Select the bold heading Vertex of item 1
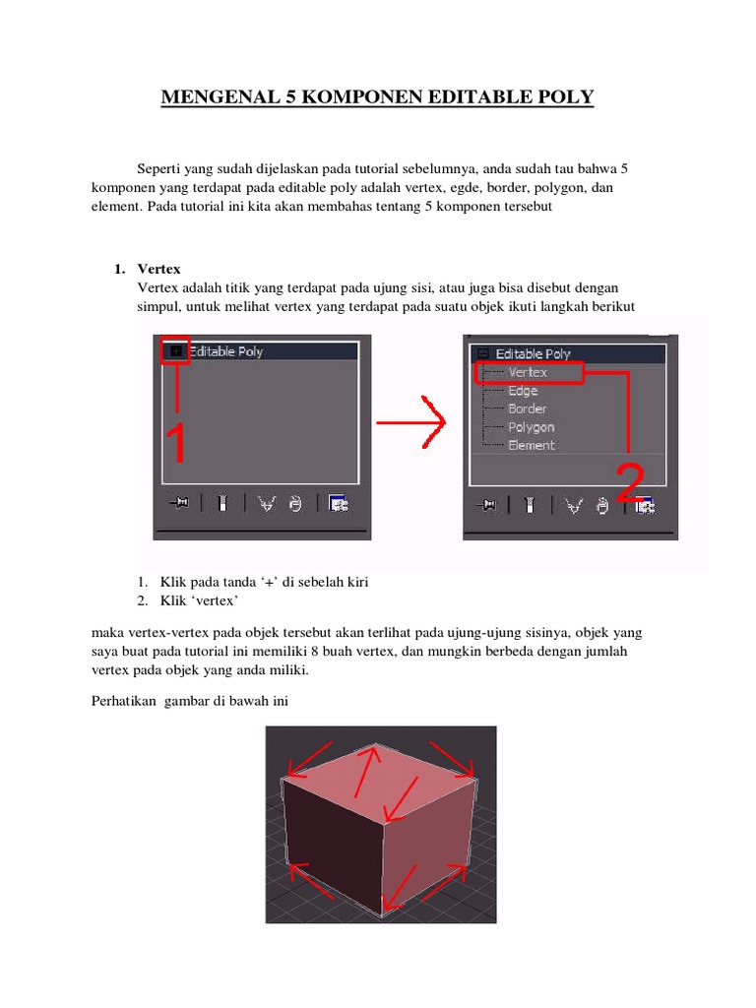point(158,269)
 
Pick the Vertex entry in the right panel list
point(528,372)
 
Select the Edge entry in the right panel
point(523,391)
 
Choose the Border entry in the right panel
point(527,409)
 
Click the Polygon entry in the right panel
point(531,427)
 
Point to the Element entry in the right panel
point(532,445)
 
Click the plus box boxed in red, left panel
point(175,350)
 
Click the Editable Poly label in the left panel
point(225,351)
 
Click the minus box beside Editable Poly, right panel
point(482,353)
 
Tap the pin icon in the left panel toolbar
point(178,503)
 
